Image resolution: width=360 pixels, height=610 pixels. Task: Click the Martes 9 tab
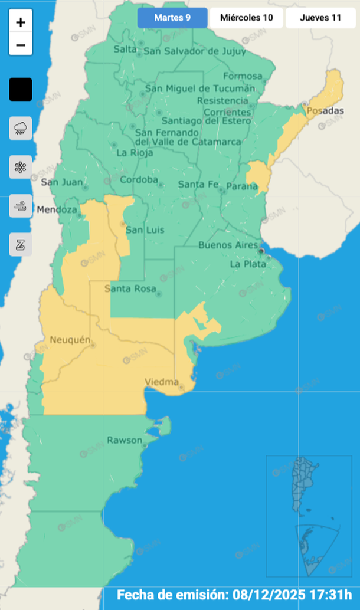click(172, 18)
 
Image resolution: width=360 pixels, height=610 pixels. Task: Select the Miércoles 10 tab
click(246, 18)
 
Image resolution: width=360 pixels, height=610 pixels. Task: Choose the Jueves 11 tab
click(320, 18)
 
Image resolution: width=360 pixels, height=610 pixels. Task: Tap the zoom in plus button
click(21, 23)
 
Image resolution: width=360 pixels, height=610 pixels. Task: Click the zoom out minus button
click(21, 45)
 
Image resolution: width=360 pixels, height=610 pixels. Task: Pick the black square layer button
click(21, 90)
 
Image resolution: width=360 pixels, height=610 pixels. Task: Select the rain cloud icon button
click(21, 128)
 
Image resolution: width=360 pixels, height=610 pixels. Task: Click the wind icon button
click(21, 206)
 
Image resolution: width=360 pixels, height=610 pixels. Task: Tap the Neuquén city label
click(70, 340)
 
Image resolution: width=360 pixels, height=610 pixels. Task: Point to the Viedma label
click(162, 382)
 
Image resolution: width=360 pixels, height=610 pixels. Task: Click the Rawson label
click(125, 440)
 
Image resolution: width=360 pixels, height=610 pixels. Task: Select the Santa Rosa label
click(130, 288)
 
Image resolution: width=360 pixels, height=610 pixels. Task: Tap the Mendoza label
click(57, 209)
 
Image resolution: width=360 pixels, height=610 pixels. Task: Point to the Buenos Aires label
click(228, 245)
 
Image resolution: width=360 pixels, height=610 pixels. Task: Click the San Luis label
click(145, 229)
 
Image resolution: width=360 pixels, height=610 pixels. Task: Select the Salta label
click(125, 49)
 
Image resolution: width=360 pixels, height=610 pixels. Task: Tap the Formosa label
click(243, 76)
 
